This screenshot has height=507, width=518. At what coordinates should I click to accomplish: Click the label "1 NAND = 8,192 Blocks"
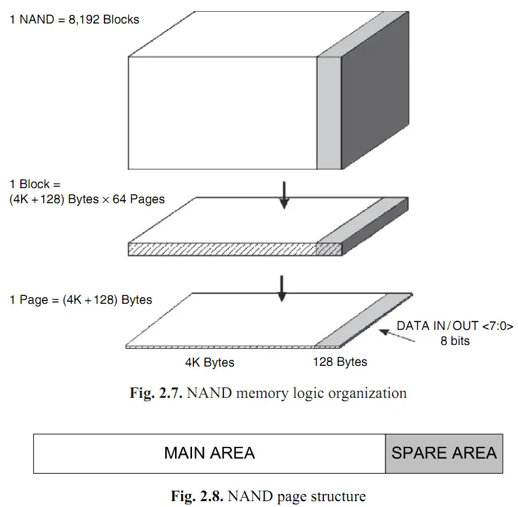pos(74,20)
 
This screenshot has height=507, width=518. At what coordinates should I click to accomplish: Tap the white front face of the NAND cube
pos(222,112)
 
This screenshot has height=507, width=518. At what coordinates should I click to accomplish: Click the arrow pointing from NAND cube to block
pos(283,194)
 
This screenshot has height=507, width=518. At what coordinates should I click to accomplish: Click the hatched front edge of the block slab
pos(222,249)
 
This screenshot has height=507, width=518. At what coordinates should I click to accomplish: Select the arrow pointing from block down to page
pos(282,288)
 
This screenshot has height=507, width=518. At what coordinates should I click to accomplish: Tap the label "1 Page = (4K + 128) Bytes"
pos(80,300)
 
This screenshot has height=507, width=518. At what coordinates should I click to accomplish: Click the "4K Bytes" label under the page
pos(210,362)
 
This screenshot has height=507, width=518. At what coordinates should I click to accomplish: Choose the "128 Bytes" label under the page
pos(340,362)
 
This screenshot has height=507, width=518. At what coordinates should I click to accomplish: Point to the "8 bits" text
pos(455,340)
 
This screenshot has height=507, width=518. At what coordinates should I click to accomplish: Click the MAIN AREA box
pos(209,453)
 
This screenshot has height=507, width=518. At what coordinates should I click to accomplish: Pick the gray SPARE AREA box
pos(444,453)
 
